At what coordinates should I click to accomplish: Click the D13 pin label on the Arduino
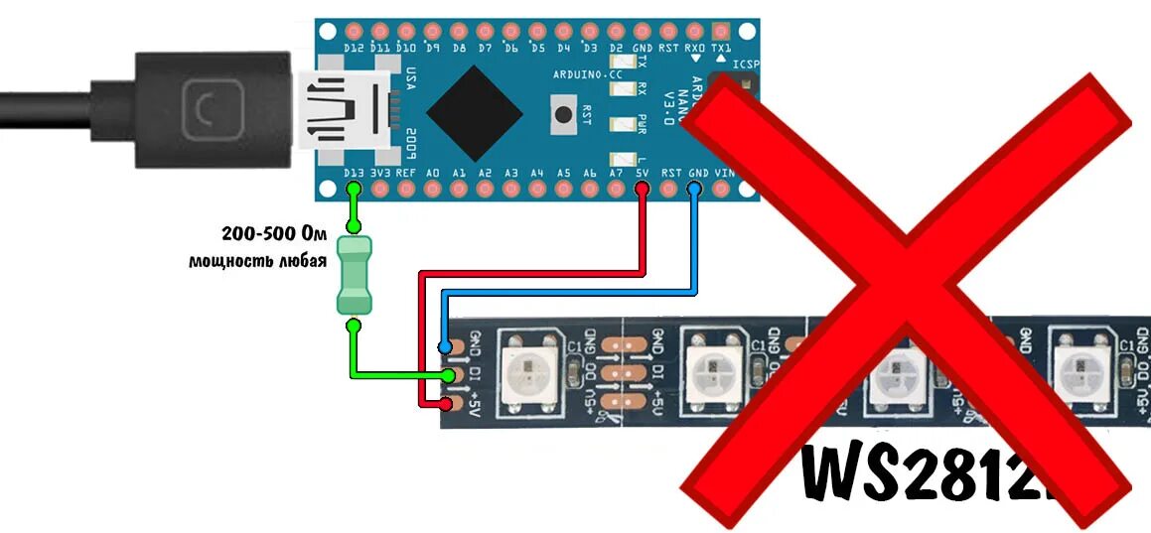(353, 173)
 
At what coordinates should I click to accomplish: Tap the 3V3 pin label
(379, 173)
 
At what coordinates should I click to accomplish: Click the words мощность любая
(257, 262)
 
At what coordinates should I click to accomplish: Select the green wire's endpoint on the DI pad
(449, 375)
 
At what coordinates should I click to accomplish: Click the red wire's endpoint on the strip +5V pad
(446, 404)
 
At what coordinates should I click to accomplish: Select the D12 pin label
(353, 47)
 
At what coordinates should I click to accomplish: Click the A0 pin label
(432, 173)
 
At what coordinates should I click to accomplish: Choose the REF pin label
(405, 173)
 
